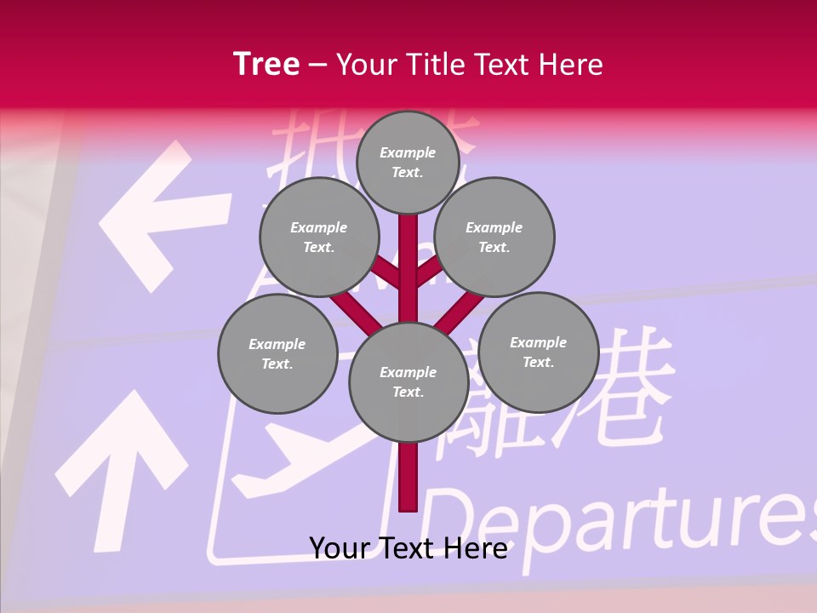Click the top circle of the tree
pyautogui.click(x=408, y=162)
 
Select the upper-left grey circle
pyautogui.click(x=319, y=237)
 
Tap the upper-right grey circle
pyautogui.click(x=494, y=237)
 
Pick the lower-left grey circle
pyautogui.click(x=277, y=353)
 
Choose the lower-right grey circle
pyautogui.click(x=539, y=352)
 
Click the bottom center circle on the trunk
pyautogui.click(x=408, y=381)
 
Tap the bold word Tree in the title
pyautogui.click(x=266, y=65)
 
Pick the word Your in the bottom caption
pyautogui.click(x=340, y=548)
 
